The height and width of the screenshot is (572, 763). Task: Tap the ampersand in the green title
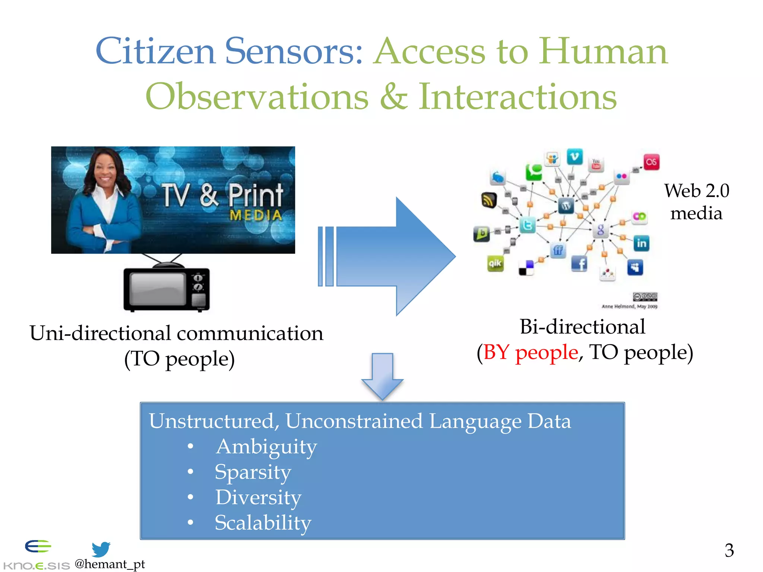(x=393, y=97)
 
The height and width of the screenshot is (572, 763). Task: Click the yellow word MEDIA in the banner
(x=256, y=215)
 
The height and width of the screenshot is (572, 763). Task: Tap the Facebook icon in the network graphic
(x=579, y=264)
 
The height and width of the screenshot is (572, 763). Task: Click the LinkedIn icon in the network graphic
(x=641, y=243)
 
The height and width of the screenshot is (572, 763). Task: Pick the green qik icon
(x=495, y=263)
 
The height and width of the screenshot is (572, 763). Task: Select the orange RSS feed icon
(x=488, y=200)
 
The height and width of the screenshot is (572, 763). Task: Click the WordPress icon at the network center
(x=566, y=206)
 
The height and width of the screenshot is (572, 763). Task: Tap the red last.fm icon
(x=651, y=162)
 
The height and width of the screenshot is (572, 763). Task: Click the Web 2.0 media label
(x=696, y=202)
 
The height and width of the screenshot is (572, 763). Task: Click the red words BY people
(x=531, y=352)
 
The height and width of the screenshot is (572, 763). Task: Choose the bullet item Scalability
(x=263, y=522)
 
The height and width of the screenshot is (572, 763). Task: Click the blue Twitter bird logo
(x=101, y=549)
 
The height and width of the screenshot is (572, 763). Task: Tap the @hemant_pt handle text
(x=110, y=564)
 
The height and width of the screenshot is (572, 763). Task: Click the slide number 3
(x=729, y=550)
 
